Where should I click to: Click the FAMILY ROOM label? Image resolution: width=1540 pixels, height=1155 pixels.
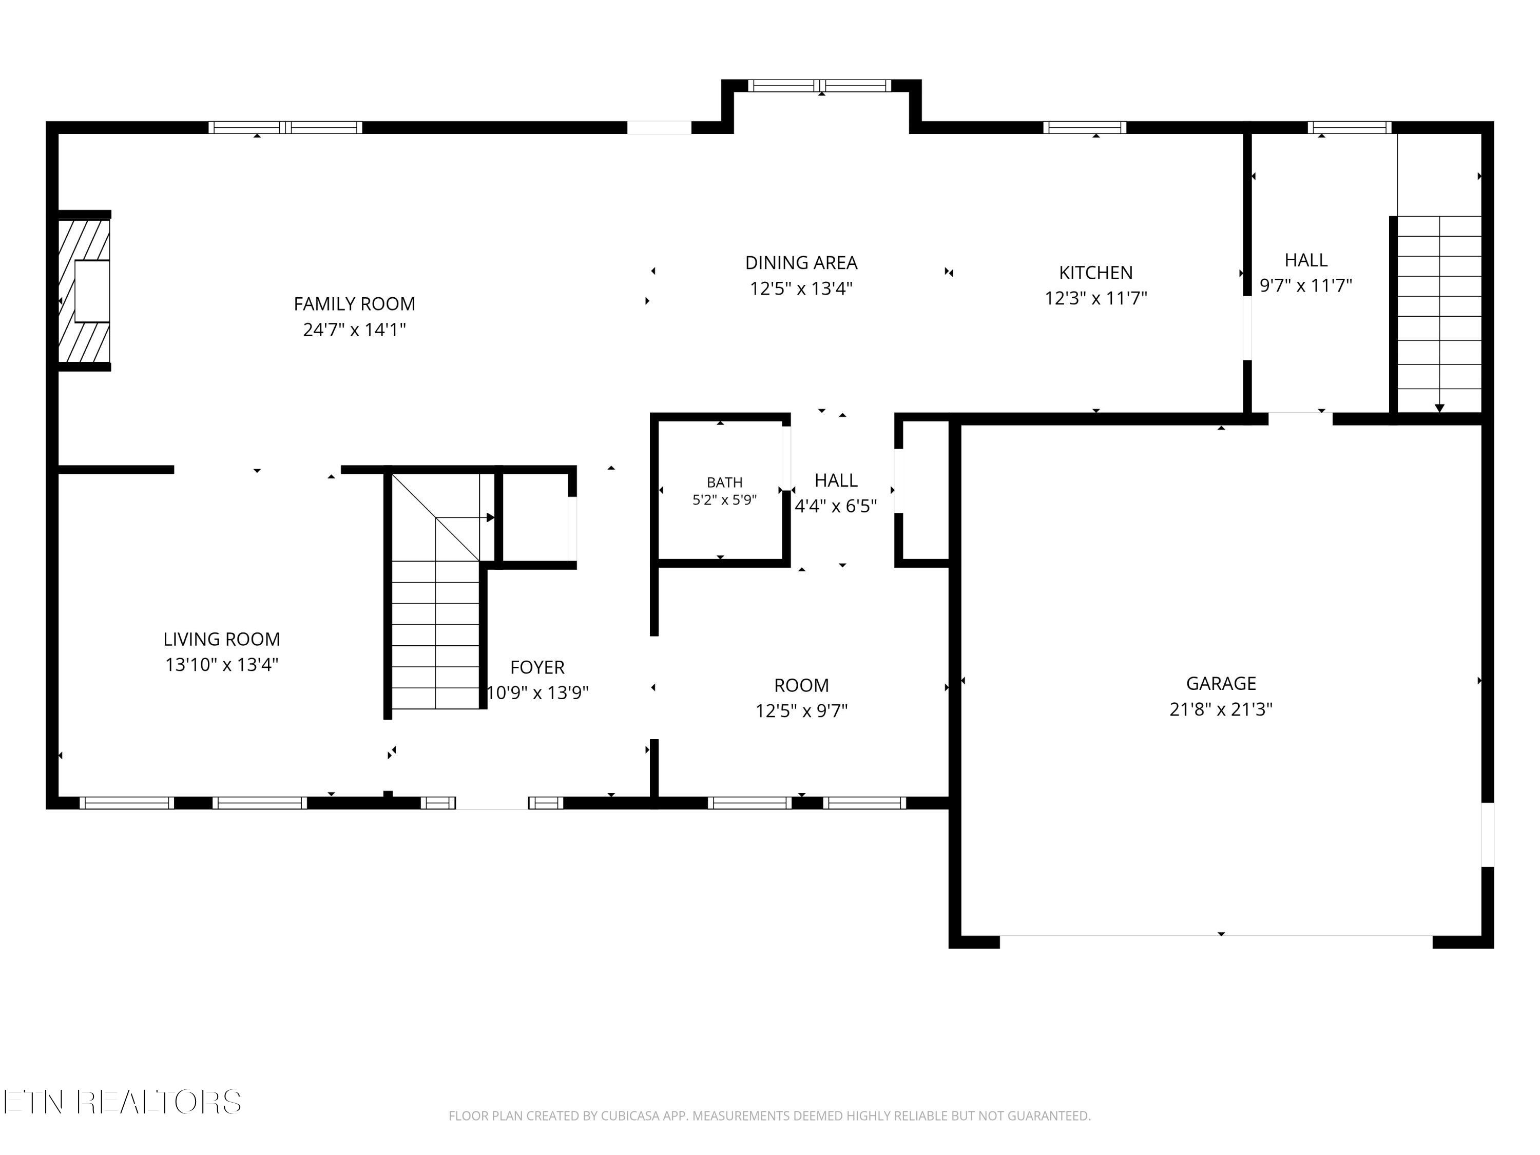(354, 304)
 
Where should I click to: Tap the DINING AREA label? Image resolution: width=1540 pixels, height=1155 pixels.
(801, 263)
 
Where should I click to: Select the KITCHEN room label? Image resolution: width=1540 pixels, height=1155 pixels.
(1096, 273)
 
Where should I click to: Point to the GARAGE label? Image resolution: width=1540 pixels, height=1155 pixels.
(1221, 684)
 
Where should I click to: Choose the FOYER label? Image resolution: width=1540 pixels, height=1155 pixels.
(537, 668)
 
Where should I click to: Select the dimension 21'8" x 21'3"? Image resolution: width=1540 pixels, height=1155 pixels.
(1221, 709)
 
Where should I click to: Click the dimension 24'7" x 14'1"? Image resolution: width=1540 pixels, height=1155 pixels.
(354, 330)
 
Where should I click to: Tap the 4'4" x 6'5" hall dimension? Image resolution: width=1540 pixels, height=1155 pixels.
(836, 506)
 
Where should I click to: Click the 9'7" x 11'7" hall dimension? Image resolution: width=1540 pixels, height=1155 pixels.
(1306, 286)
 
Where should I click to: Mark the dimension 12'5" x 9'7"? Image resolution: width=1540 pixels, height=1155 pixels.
(801, 711)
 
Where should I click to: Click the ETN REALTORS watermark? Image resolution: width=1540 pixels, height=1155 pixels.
(123, 1102)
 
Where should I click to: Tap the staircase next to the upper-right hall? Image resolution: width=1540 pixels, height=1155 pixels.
(1439, 313)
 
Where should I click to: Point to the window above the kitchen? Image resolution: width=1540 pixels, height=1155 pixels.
(1085, 127)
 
